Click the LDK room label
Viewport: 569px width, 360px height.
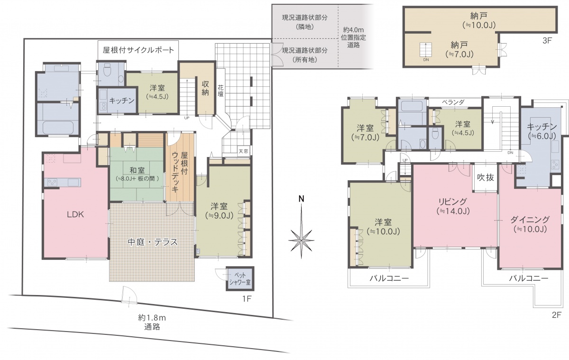pyautogui.click(x=75, y=215)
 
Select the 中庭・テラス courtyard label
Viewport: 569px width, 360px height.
pyautogui.click(x=152, y=242)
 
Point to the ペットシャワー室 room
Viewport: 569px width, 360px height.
pyautogui.click(x=240, y=279)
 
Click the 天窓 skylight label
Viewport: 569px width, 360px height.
pyautogui.click(x=243, y=151)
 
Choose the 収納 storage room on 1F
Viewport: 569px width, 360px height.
pyautogui.click(x=205, y=88)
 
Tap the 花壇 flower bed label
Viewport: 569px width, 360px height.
pyautogui.click(x=220, y=91)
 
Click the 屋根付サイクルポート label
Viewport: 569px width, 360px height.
pyautogui.click(x=138, y=50)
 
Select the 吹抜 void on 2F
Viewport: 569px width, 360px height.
pyautogui.click(x=486, y=177)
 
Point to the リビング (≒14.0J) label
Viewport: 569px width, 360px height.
pyautogui.click(x=453, y=206)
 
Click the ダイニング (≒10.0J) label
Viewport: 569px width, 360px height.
pyautogui.click(x=530, y=224)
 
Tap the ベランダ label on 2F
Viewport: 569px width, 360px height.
pyautogui.click(x=453, y=102)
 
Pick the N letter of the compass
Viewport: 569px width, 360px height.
pyautogui.click(x=301, y=199)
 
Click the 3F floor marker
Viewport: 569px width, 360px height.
pyautogui.click(x=547, y=41)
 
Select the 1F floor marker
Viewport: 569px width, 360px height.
pyautogui.click(x=247, y=299)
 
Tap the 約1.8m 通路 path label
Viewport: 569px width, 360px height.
pyautogui.click(x=152, y=322)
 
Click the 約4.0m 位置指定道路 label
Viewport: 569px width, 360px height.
pyautogui.click(x=353, y=37)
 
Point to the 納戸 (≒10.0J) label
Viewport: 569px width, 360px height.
pyautogui.click(x=479, y=20)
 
